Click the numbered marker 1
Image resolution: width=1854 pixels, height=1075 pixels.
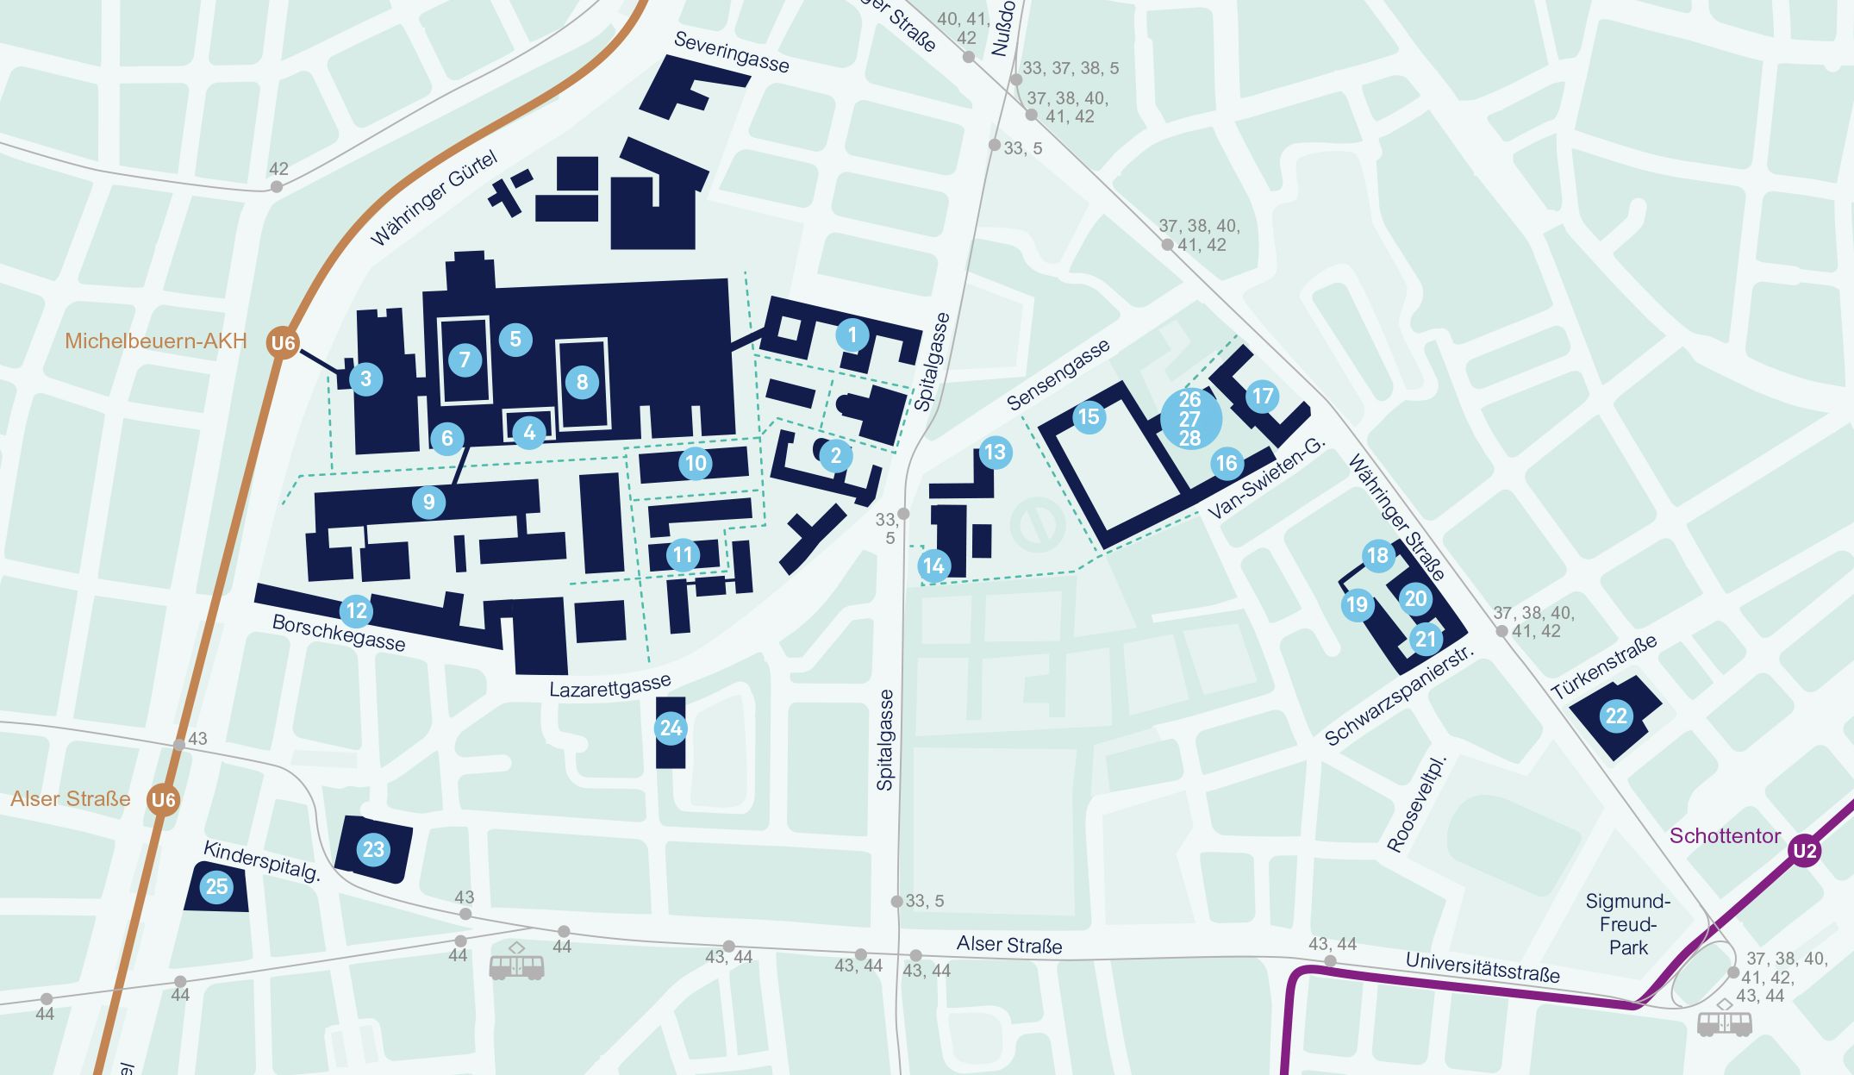coord(852,335)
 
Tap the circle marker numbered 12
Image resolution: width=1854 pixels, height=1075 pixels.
coord(356,611)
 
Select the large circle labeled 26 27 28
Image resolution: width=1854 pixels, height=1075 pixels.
coord(1190,418)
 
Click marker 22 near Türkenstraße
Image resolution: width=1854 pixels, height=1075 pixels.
coord(1616,716)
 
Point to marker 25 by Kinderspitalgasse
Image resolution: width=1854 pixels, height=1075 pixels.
coord(216,886)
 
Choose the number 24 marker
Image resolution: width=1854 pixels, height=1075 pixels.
coord(671,728)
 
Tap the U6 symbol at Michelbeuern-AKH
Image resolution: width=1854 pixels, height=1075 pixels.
coord(283,343)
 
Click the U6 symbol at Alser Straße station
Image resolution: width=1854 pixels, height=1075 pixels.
coord(163,800)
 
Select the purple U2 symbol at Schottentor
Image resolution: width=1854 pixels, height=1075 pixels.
coord(1804,852)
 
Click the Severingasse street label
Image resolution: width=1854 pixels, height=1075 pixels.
coord(731,52)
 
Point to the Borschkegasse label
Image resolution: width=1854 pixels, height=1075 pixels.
coord(338,633)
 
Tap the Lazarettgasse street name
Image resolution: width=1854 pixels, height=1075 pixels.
coord(609,687)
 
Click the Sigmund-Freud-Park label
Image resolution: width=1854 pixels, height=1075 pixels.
coord(1627,924)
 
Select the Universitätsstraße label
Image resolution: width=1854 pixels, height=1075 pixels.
coord(1482,967)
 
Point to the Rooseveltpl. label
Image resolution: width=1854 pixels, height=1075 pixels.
coord(1416,804)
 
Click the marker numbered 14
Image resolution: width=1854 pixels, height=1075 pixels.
coord(933,566)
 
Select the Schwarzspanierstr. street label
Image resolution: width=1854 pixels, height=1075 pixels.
coord(1398,696)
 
